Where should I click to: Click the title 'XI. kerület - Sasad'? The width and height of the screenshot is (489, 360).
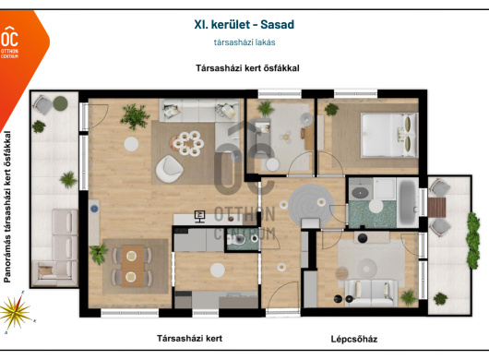coord(244,24)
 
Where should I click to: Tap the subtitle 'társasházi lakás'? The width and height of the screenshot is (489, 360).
coord(244,42)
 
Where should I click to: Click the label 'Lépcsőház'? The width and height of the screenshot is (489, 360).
coord(354,339)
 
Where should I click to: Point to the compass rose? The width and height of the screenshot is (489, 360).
coord(16,312)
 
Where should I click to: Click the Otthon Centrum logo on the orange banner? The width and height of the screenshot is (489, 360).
coord(9,42)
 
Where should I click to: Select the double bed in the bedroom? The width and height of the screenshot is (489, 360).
coord(388,135)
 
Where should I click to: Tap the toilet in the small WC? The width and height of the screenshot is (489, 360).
coord(238,240)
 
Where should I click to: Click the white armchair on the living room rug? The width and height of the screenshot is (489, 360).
coord(169,169)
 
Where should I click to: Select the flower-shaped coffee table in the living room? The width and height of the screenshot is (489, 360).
coord(188,143)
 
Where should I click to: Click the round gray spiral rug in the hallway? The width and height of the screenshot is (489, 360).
coord(311,206)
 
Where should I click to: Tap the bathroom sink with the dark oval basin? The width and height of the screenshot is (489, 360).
coord(360,193)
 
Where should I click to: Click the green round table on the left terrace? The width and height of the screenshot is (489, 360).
coord(60,103)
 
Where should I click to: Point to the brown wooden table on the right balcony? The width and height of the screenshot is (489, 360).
coord(436,207)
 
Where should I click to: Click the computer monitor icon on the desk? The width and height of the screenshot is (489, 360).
coord(199,216)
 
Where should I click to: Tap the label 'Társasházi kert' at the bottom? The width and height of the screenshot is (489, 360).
coord(190,339)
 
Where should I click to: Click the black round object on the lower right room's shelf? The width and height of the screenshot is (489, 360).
coord(363,238)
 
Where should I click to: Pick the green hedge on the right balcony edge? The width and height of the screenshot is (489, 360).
coord(472,241)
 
